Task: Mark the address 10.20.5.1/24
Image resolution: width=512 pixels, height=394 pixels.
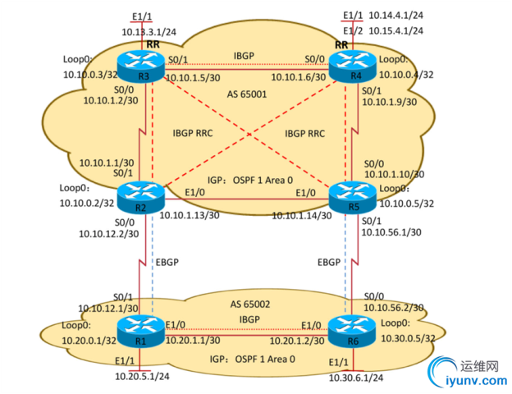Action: click(x=144, y=377)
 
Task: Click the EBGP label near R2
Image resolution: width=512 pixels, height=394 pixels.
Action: click(x=167, y=263)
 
